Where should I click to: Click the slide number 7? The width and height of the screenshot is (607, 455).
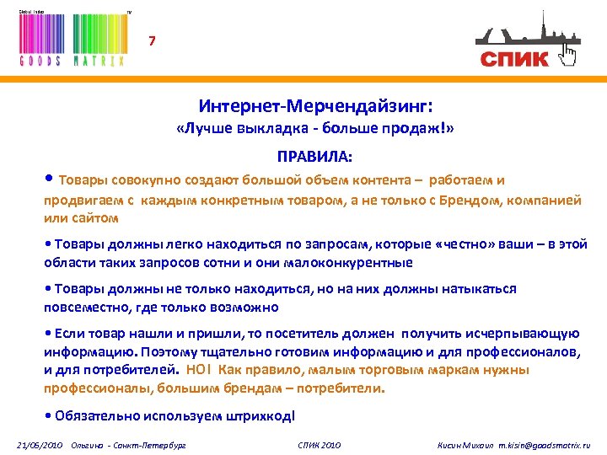(x=152, y=40)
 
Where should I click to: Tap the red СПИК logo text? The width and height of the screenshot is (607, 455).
(x=514, y=58)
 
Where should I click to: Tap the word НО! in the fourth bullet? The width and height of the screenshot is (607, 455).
(x=201, y=370)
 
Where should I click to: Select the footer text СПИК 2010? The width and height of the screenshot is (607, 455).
(x=320, y=444)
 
